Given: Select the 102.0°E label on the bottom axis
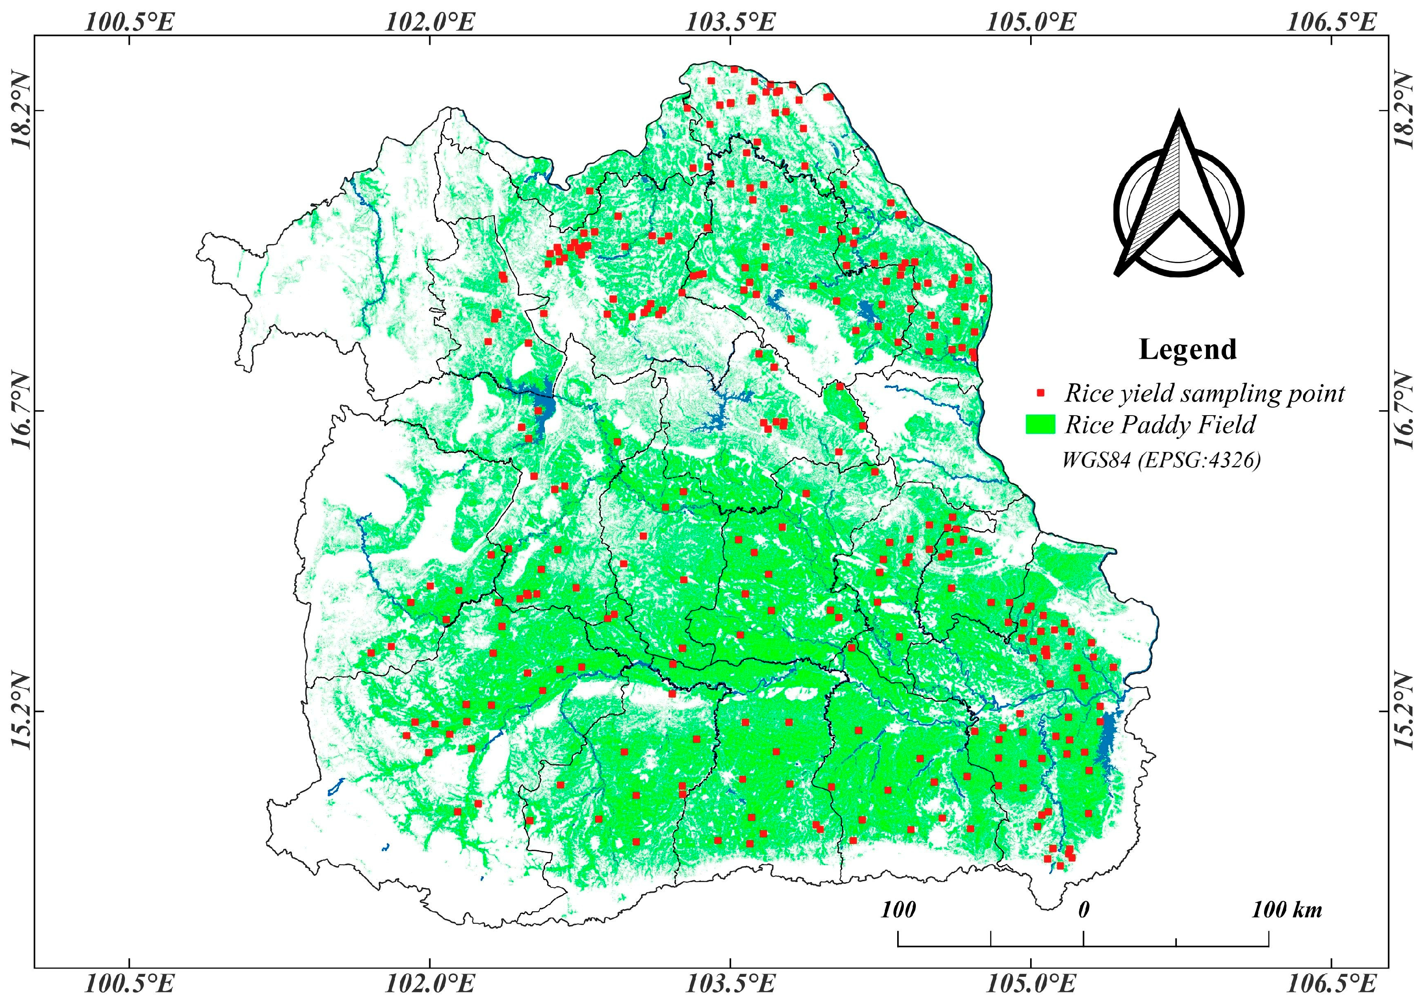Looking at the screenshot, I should coord(430,984).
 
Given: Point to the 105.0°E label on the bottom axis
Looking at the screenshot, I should coord(1031,984).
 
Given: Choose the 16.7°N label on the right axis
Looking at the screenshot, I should coord(1403,411).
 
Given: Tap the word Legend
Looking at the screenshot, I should coord(1187,350).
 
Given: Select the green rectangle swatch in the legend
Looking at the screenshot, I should coord(1041,425).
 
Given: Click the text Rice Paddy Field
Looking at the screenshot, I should coord(1160,425).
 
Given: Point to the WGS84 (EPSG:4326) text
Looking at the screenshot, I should coord(1161,460).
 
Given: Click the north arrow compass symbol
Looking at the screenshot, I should coord(1179,198).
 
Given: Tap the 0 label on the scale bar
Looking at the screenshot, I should coord(1083,910).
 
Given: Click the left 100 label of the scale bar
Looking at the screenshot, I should coord(898,910).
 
